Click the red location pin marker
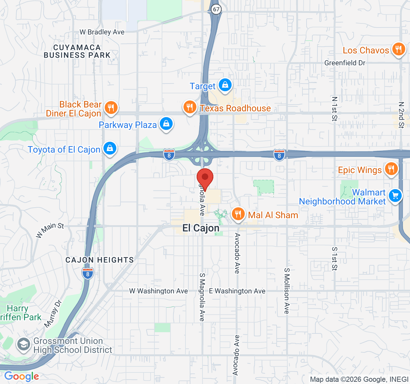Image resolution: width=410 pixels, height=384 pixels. [x=205, y=178]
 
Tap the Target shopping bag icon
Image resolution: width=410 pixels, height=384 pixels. [x=225, y=85]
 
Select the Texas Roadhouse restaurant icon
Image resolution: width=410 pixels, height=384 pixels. [x=190, y=107]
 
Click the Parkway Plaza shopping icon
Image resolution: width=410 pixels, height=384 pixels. [x=166, y=124]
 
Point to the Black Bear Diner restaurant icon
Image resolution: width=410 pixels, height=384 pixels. [x=111, y=108]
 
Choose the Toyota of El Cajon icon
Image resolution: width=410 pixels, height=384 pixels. [x=110, y=148]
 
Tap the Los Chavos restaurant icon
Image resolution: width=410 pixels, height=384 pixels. [x=398, y=50]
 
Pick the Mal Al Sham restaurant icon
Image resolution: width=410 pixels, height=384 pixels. [x=238, y=214]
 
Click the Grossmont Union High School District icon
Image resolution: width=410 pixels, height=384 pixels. [x=24, y=345]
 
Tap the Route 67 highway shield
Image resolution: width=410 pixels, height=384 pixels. [x=217, y=9]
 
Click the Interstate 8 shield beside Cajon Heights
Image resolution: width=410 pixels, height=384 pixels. [x=88, y=274]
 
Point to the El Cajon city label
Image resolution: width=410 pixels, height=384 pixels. [x=201, y=228]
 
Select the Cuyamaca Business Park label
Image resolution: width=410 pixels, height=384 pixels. [x=77, y=51]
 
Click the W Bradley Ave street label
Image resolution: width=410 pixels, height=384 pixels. [x=102, y=32]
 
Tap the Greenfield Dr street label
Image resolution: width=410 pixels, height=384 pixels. [x=345, y=63]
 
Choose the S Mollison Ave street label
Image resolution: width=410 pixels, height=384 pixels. [x=287, y=291]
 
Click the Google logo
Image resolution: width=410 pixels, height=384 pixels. [x=21, y=376]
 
